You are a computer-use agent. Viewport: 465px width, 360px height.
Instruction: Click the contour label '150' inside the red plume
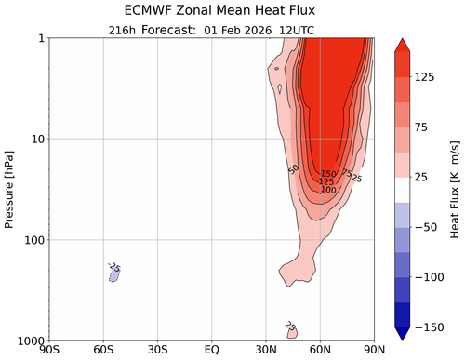click(x=328, y=174)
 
